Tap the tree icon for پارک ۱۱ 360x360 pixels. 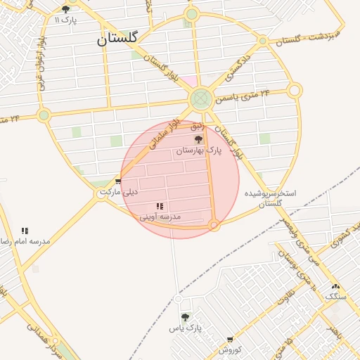(x=65, y=9)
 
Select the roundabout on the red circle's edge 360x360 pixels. (x=214, y=225)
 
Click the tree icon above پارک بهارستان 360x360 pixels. (x=198, y=139)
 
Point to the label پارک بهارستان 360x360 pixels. (x=198, y=150)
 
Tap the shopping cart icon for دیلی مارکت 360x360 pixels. (x=117, y=181)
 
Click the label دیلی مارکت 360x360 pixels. (x=120, y=191)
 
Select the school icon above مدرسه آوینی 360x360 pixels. (x=160, y=206)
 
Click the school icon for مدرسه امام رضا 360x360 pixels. (x=25, y=231)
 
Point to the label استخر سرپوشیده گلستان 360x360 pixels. (x=271, y=198)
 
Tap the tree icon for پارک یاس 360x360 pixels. (x=185, y=317)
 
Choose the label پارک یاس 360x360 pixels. (x=185, y=328)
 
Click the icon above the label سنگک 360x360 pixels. (x=335, y=286)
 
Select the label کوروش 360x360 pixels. (x=230, y=349)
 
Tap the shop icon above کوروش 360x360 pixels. (x=230, y=339)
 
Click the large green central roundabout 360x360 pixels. (x=201, y=98)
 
